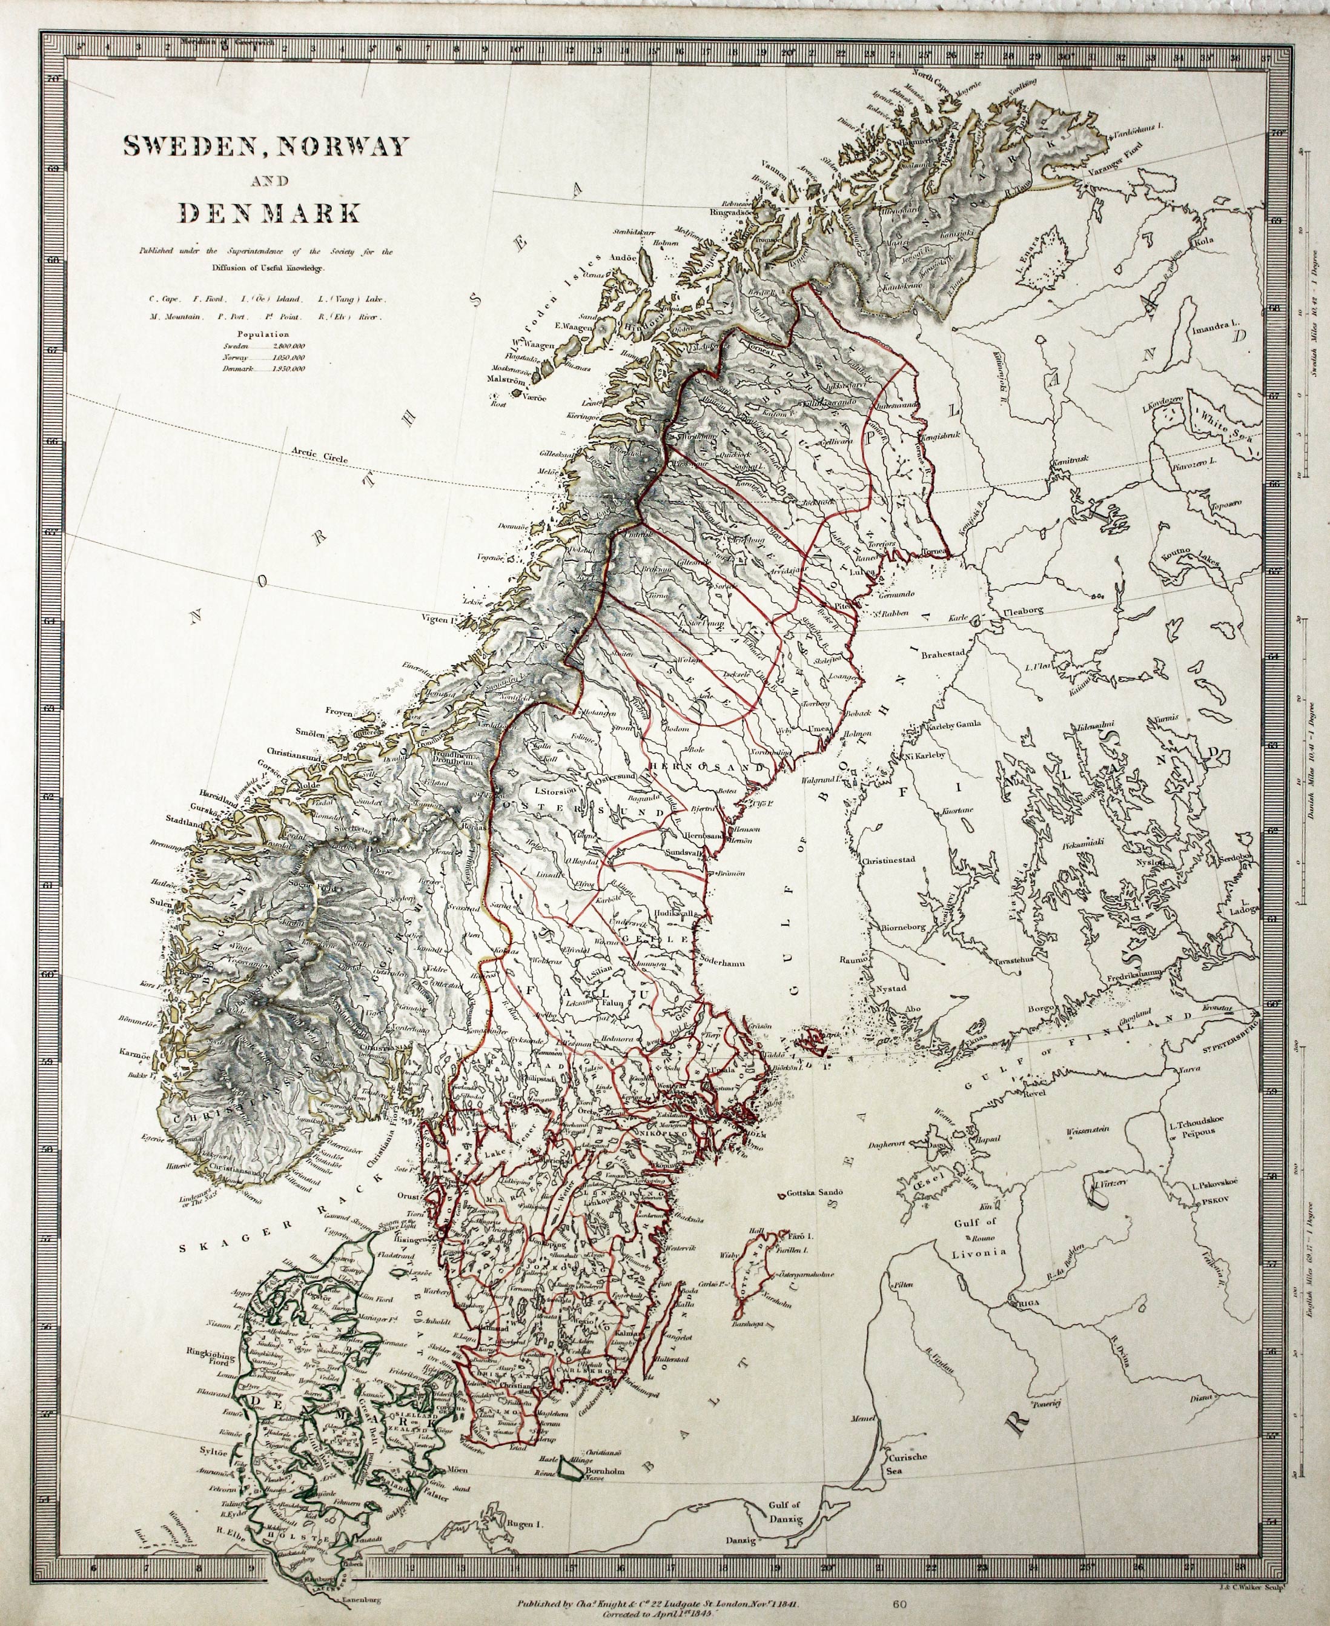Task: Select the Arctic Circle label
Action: [x=319, y=456]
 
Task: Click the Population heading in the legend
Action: [x=263, y=334]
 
